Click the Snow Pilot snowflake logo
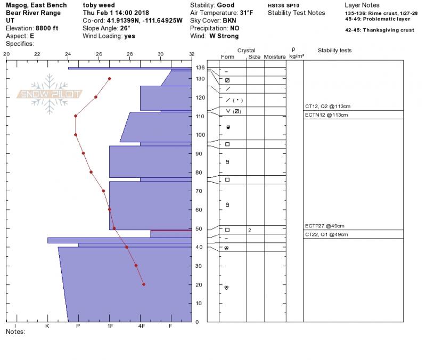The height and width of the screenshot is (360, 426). tap(49, 94)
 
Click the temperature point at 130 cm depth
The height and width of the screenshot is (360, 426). tap(110, 79)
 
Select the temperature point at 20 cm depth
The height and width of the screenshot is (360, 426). tap(144, 284)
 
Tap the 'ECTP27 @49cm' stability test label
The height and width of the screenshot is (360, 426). tap(324, 226)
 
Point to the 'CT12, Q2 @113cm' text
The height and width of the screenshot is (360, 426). tap(327, 106)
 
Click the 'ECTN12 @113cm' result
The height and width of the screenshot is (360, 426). tap(326, 115)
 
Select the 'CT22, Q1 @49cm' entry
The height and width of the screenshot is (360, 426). tap(326, 234)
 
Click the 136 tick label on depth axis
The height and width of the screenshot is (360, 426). tap(200, 68)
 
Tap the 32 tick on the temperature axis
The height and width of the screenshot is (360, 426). tap(192, 54)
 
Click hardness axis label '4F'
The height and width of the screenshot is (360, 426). tap(141, 326)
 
